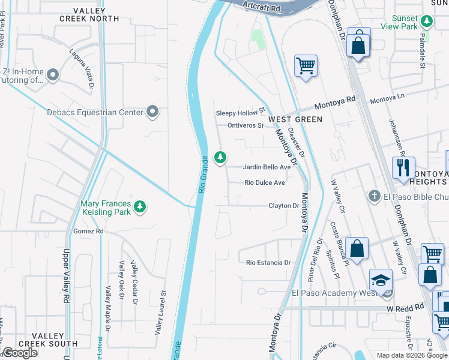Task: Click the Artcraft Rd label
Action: point(263,5)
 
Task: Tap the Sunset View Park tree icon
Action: point(427,22)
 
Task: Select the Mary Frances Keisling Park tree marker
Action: point(140,207)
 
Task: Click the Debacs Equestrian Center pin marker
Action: point(152,112)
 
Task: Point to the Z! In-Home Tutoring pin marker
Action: point(53,75)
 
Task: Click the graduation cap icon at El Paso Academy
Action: point(381,280)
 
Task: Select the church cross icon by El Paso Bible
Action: point(373,196)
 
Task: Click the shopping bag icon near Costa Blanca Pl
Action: point(357,250)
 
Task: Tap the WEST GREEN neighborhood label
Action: point(295,119)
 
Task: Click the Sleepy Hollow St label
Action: point(240,113)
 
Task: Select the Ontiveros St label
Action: point(246,125)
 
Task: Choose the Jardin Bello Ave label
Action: point(267,167)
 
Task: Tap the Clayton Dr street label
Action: point(283,206)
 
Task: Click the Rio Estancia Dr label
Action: point(268,262)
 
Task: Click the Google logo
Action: point(20,353)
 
